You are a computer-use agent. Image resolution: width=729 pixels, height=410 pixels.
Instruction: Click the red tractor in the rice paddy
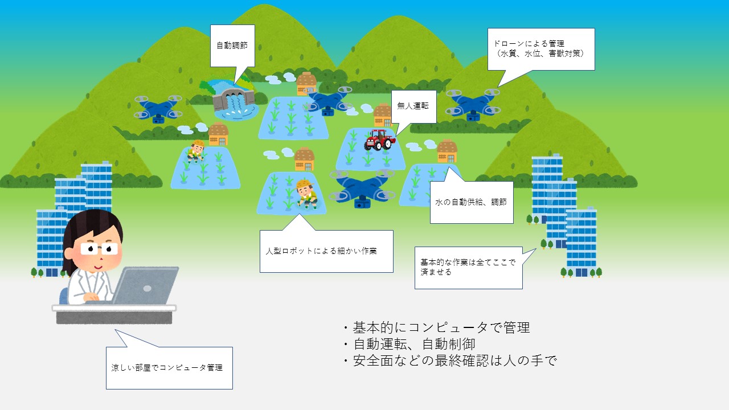pyautogui.click(x=379, y=140)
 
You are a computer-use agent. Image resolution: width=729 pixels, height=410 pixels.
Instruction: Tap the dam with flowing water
pyautogui.click(x=234, y=100)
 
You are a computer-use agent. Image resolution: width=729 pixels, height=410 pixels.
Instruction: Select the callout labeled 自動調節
pyautogui.click(x=232, y=46)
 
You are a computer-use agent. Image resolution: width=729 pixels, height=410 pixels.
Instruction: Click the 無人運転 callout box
pyautogui.click(x=413, y=106)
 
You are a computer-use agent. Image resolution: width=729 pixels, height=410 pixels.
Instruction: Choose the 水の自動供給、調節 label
pyautogui.click(x=471, y=202)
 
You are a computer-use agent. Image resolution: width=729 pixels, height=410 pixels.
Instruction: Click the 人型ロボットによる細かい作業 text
pyautogui.click(x=321, y=251)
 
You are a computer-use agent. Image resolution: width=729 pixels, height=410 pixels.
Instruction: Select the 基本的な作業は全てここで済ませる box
pyautogui.click(x=469, y=268)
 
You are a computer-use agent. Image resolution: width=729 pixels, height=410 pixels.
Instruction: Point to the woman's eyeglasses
pyautogui.click(x=99, y=249)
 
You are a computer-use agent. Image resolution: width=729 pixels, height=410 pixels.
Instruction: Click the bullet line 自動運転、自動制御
pyautogui.click(x=410, y=344)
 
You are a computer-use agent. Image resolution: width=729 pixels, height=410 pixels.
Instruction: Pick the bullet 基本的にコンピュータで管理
pyautogui.click(x=437, y=327)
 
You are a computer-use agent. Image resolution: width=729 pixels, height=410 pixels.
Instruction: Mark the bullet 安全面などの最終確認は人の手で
pyautogui.click(x=450, y=360)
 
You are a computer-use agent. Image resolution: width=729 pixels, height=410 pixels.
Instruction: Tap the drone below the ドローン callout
pyautogui.click(x=473, y=105)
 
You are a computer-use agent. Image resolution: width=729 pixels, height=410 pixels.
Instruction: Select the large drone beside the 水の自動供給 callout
pyautogui.click(x=362, y=188)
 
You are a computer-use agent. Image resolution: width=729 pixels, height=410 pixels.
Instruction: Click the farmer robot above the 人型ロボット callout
pyautogui.click(x=306, y=194)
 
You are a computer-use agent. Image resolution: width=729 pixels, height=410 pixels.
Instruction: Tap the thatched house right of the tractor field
pyautogui.click(x=447, y=151)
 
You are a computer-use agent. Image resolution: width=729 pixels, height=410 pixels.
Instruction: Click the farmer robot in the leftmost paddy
pyautogui.click(x=196, y=151)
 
